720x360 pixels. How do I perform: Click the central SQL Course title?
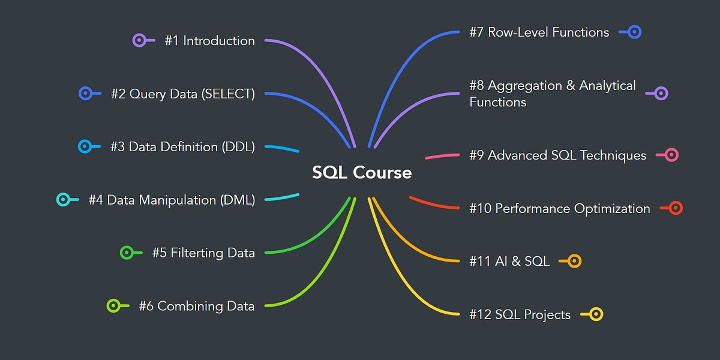362,173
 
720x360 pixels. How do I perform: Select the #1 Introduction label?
209,41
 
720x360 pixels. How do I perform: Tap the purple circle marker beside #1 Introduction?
139,41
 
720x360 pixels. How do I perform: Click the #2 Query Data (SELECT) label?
182,94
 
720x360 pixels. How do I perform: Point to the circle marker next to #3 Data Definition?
85,146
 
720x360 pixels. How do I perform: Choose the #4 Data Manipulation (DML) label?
172,200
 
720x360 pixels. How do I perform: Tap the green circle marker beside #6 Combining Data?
113,306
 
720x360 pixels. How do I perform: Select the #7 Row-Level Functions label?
539,32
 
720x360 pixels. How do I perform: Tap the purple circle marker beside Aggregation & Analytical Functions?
661,93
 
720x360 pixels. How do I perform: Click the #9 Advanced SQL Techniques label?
557,155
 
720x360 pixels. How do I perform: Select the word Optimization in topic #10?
612,209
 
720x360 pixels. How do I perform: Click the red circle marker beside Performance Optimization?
676,208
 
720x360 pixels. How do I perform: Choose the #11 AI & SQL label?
509,261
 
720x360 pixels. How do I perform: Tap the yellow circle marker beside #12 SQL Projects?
596,314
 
